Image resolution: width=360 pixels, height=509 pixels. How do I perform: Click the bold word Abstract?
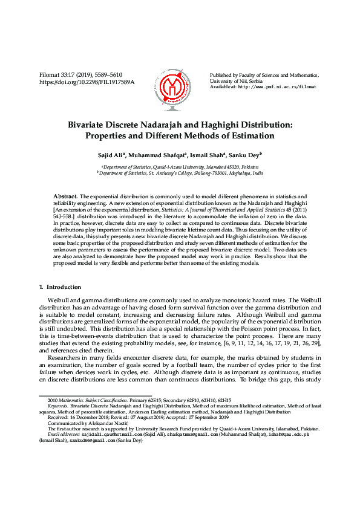(x=65, y=197)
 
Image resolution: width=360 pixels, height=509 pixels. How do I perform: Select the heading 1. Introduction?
(x=64, y=287)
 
